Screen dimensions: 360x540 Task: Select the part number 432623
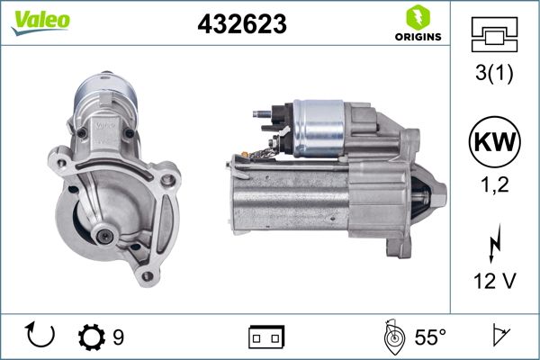point(241,25)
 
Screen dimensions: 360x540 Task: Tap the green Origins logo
point(416,23)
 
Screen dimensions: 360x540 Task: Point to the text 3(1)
point(494,76)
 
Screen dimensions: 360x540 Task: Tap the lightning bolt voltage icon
point(494,243)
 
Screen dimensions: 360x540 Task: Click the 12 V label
point(494,282)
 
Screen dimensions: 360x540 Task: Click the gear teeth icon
point(91,337)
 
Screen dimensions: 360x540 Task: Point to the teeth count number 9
point(118,337)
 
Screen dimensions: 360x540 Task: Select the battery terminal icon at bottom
point(265,337)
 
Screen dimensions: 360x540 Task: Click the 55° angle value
point(429,337)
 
